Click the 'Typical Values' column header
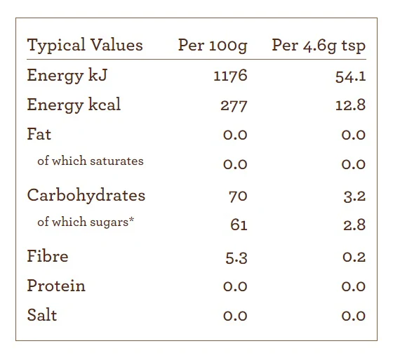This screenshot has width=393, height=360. (x=85, y=45)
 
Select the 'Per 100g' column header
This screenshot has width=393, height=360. (x=213, y=46)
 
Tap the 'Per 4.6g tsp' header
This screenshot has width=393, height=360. (x=319, y=46)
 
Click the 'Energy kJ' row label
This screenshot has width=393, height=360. (x=67, y=76)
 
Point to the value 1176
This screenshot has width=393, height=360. (x=230, y=76)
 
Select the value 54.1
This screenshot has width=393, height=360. (x=351, y=76)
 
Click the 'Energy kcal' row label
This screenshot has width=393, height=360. (x=74, y=105)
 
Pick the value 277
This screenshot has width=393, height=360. (x=234, y=106)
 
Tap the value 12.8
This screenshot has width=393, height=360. (x=350, y=105)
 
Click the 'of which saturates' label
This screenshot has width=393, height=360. (x=91, y=161)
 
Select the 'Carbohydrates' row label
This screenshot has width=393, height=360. (x=86, y=195)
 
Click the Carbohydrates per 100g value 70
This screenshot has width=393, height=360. (x=238, y=196)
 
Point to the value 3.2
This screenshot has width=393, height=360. (x=354, y=196)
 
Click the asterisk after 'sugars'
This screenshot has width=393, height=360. (x=132, y=220)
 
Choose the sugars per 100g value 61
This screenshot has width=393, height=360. (x=239, y=225)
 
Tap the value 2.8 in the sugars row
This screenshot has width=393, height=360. (x=354, y=225)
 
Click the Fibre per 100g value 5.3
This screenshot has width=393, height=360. (x=237, y=258)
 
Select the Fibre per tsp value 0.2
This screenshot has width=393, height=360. (x=354, y=257)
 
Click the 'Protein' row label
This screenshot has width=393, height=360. (x=56, y=286)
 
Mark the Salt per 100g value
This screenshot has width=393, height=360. (x=235, y=316)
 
